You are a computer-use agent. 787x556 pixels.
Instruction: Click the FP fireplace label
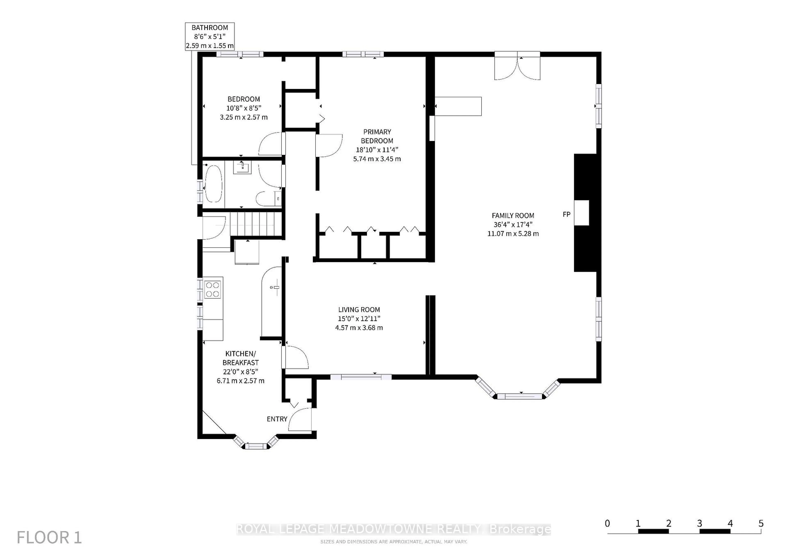point(566,214)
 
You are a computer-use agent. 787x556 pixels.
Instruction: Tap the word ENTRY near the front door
point(277,419)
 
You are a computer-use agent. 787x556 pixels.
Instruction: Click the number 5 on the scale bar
point(761,523)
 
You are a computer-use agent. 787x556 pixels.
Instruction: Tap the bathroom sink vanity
point(242,167)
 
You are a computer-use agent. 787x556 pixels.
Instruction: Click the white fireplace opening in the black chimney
point(581,213)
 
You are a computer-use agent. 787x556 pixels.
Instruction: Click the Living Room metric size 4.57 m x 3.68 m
point(359,328)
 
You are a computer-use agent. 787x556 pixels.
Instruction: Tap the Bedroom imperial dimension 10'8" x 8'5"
point(244,108)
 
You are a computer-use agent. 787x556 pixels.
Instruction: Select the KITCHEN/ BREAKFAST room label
point(240,358)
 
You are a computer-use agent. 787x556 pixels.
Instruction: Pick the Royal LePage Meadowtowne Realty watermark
point(393,529)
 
